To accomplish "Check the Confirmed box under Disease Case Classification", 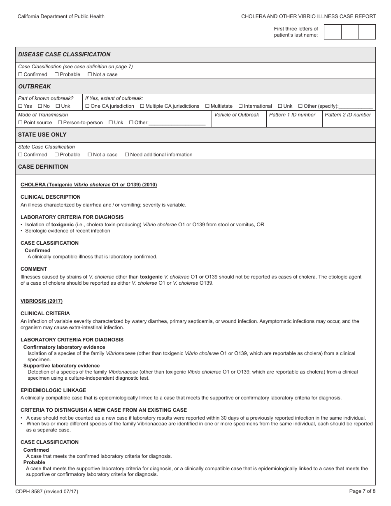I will click(20, 74).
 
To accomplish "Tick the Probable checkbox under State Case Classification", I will click(57, 155).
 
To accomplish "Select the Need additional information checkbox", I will click(127, 155).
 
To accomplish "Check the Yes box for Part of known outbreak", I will click(20, 106).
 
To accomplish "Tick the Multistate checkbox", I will click(207, 106).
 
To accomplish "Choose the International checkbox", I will click(241, 106).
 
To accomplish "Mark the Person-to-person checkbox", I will click(60, 123).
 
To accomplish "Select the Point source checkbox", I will click(20, 123).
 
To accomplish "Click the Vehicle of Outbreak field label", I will click(237, 115).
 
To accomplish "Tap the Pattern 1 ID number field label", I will click(292, 115).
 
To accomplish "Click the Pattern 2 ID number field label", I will click(348, 115).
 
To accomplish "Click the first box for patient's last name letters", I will click(333, 32).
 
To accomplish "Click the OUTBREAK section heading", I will click(35, 86).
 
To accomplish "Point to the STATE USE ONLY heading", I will click(42, 135).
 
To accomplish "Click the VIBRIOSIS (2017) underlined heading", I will click(42, 301).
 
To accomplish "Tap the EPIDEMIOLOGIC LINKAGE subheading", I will click(53, 390).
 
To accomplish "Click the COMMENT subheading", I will click(34, 269).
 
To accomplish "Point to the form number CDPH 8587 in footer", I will click(47, 491).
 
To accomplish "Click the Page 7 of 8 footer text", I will click(362, 491).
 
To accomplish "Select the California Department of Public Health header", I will click(61, 16).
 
